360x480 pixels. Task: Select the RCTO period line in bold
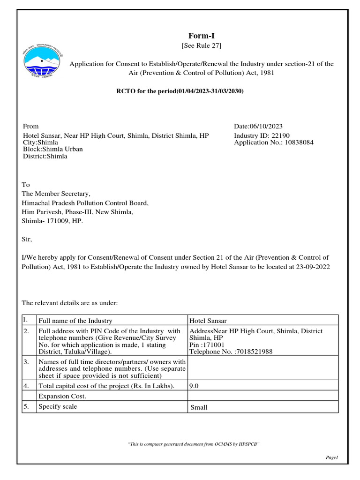tap(180, 91)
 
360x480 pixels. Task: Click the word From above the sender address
tap(31, 127)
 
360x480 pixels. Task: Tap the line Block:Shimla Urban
tap(53, 150)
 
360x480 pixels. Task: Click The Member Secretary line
tap(56, 194)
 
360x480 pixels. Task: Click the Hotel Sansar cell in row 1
tap(208, 321)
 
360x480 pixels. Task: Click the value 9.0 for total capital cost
tap(193, 386)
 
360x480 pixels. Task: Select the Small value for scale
tap(199, 407)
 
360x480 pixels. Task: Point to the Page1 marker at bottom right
tap(331, 457)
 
